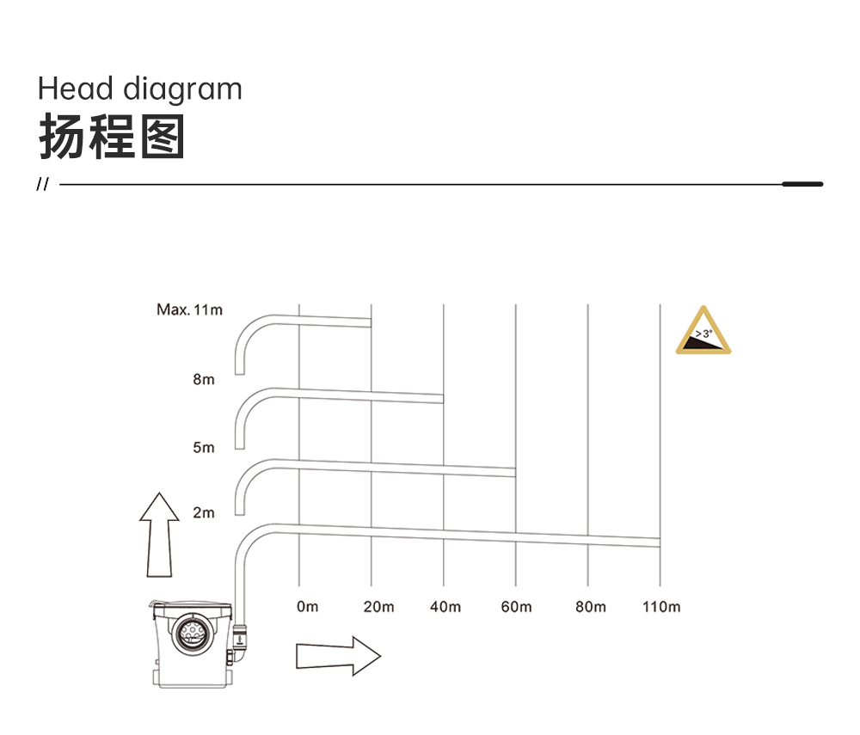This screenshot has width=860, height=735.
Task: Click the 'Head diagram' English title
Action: pos(140,89)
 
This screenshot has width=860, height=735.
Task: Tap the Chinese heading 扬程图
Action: pos(112,137)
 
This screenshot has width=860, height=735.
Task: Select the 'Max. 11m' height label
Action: pos(190,309)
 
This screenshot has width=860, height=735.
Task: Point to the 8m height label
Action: pos(204,379)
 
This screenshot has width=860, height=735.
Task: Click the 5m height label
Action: pos(204,447)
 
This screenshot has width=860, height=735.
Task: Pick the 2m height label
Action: pos(204,512)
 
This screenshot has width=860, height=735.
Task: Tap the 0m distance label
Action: pos(307,607)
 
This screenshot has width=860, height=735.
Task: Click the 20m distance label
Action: pos(378,607)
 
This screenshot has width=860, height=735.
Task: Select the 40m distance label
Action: pos(445,607)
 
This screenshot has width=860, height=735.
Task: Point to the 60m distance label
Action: pos(516,607)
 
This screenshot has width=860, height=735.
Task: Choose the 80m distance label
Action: pos(591,607)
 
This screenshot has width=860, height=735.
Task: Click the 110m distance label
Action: pos(661,607)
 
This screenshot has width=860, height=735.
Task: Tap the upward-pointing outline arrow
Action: pos(159,535)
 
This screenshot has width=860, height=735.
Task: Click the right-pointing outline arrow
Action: pos(338,656)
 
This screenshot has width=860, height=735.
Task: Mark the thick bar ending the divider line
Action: pos(802,184)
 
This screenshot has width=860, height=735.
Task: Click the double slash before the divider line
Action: pos(42,184)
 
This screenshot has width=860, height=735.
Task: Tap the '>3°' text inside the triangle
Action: pos(704,334)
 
